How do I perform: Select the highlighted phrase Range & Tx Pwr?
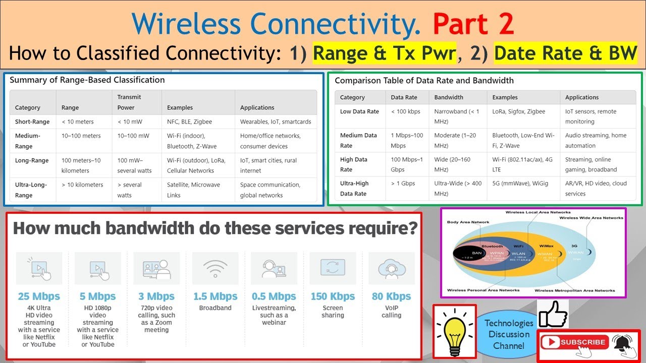tap(384, 53)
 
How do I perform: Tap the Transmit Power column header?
tap(129, 102)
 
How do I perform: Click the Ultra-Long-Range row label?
tap(31, 190)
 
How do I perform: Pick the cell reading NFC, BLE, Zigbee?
tap(189, 122)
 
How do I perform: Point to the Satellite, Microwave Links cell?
tap(193, 190)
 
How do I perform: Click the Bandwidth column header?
tap(449, 97)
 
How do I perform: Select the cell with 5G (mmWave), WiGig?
tap(519, 184)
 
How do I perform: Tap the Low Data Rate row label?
tap(359, 111)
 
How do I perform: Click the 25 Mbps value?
tap(39, 296)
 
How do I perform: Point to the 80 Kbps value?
tap(391, 296)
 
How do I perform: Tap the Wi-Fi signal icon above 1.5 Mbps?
tap(216, 268)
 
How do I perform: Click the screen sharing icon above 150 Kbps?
tap(333, 268)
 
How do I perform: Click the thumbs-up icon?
tap(553, 314)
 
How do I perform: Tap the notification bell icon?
tap(624, 344)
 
